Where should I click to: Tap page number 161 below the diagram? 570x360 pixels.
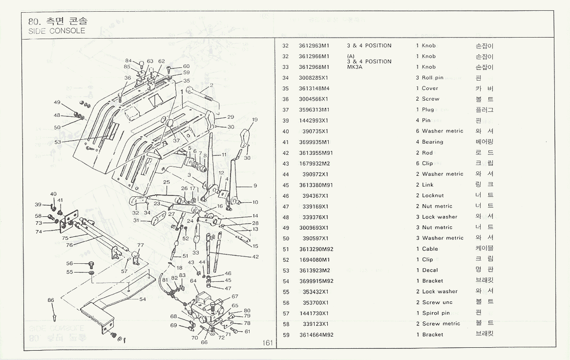click(267, 343)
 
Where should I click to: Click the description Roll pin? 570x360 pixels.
click(433, 78)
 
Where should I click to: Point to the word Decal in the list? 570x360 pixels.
click(430, 270)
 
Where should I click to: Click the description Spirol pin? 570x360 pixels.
click(436, 313)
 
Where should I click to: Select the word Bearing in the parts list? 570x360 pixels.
click(433, 142)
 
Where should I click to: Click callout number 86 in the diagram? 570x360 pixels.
click(51, 300)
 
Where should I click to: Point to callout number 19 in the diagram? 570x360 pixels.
click(254, 120)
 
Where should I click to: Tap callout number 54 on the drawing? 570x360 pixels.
click(143, 299)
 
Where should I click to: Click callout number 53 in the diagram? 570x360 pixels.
click(58, 142)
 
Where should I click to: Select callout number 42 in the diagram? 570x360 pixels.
click(255, 256)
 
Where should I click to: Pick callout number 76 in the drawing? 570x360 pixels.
click(69, 245)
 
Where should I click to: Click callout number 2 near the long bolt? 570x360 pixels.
click(212, 85)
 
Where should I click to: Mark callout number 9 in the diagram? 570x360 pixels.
click(255, 186)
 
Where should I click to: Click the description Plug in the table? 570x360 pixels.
click(428, 110)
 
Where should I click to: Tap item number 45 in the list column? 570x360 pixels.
click(286, 185)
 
